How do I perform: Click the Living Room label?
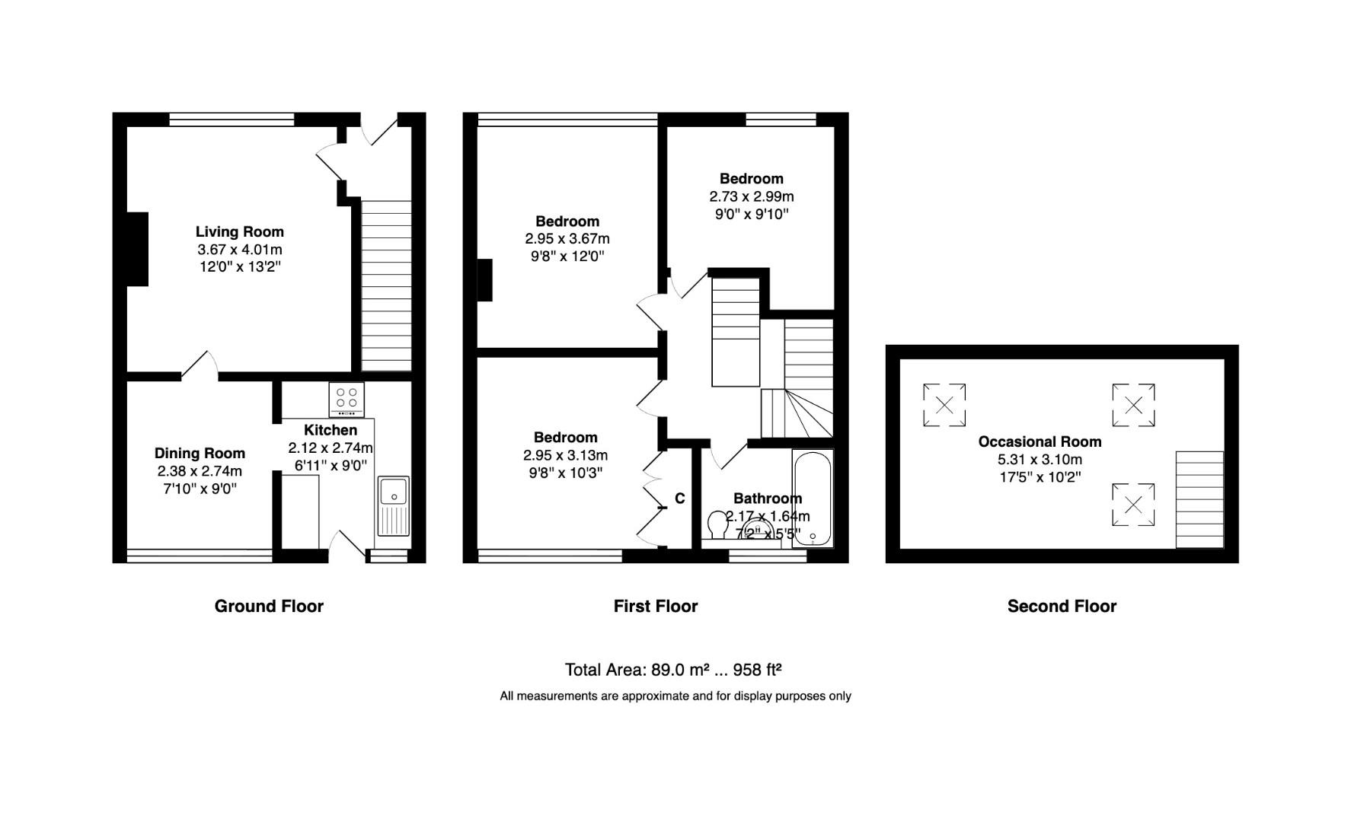239,232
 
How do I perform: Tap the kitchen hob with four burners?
347,399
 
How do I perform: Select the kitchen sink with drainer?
394,505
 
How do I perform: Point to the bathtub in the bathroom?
813,498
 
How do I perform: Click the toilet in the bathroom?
717,524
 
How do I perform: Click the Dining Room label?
200,454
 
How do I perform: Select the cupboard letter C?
680,499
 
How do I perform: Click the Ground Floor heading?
269,606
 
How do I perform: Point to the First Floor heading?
656,606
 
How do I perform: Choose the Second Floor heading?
1062,606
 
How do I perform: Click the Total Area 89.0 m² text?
673,670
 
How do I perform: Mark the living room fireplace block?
137,249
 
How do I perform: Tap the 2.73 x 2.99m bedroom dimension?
752,196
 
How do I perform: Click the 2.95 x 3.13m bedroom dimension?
565,455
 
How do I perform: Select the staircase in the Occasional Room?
1199,499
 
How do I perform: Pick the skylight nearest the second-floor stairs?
1133,505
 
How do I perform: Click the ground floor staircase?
385,285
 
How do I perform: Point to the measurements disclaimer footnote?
675,696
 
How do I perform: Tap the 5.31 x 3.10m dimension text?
1040,460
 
